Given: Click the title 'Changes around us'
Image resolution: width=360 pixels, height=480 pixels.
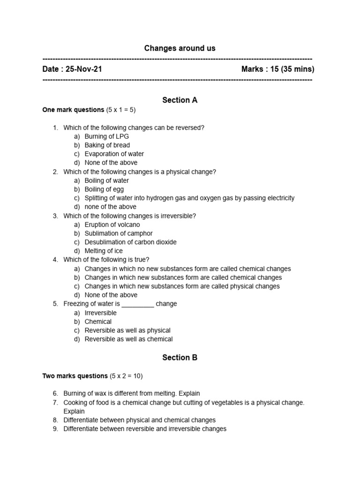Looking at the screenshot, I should click(x=180, y=48).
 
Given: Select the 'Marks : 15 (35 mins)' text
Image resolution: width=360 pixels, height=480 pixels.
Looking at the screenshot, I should click(x=277, y=69).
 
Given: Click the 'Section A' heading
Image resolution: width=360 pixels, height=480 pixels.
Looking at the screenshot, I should click(x=180, y=100).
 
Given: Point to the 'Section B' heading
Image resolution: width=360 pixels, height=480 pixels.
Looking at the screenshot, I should click(x=180, y=358).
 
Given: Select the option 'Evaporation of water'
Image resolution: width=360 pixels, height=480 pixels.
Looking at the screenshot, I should click(x=114, y=154).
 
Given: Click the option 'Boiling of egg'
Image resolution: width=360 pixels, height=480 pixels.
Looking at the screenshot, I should click(x=104, y=189).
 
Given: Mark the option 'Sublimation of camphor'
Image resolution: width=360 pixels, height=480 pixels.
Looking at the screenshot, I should click(x=119, y=233).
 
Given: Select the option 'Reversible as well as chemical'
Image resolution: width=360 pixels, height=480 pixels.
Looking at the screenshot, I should click(x=128, y=339).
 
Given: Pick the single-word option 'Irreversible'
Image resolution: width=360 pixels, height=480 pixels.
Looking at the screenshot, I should click(x=101, y=313).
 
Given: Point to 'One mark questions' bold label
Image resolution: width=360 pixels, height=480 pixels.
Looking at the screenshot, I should click(x=73, y=110).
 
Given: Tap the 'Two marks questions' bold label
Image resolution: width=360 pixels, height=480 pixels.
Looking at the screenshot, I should click(x=75, y=376).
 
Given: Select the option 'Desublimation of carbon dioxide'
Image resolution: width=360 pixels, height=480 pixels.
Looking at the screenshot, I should click(x=131, y=242).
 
